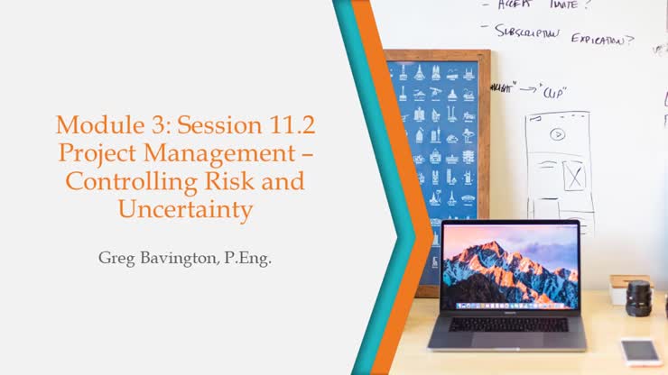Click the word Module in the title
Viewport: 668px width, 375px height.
coord(93,123)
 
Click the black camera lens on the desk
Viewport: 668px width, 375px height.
coord(639,297)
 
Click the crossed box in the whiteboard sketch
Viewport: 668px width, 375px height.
coord(572,175)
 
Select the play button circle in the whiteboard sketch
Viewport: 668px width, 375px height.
coord(558,134)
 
